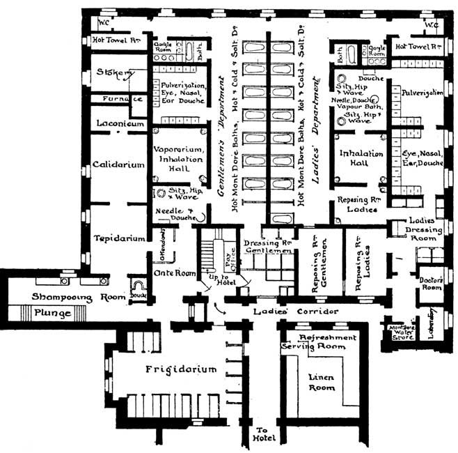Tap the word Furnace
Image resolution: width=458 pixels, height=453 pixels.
point(123,100)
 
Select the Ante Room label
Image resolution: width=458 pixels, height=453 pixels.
point(172,273)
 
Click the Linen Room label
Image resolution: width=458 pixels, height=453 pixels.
point(321,383)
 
